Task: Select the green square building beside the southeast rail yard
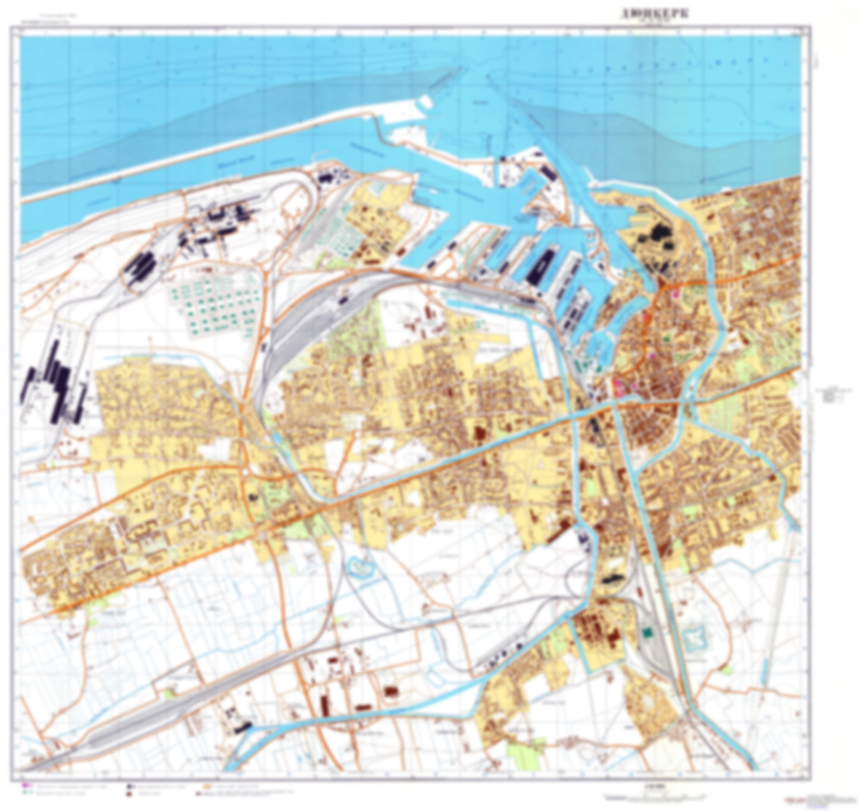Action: pos(647,632)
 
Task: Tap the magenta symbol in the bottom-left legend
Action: pos(24,785)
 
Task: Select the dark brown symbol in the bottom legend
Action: pos(129,794)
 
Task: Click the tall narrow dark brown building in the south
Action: pos(325,705)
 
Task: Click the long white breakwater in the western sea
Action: pos(179,149)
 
